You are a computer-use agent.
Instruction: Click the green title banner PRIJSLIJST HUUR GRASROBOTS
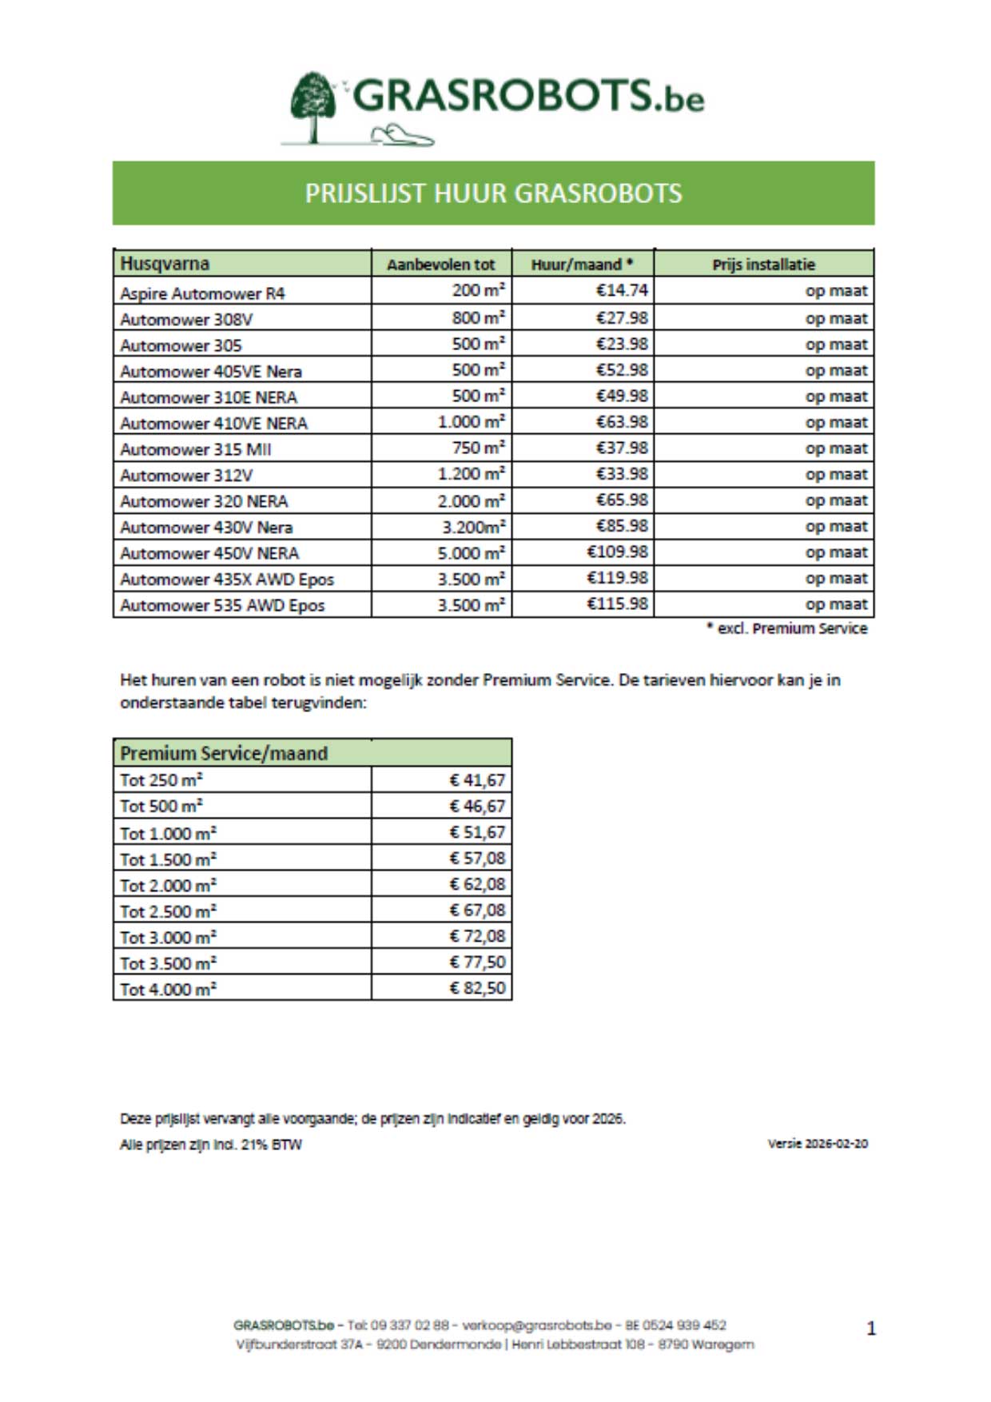pyautogui.click(x=493, y=193)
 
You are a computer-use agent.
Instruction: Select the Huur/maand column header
pyautogui.click(x=582, y=264)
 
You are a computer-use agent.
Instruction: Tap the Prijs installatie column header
pyautogui.click(x=763, y=264)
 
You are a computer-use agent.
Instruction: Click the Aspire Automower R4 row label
pyautogui.click(x=202, y=293)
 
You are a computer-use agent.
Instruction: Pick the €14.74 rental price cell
pyautogui.click(x=622, y=290)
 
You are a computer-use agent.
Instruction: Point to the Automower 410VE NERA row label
pyautogui.click(x=213, y=423)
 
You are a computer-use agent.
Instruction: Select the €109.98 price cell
pyautogui.click(x=617, y=552)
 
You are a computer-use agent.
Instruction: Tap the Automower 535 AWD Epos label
pyautogui.click(x=222, y=605)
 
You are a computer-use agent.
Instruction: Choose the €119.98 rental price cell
pyautogui.click(x=617, y=578)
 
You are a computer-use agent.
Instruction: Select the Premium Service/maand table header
pyautogui.click(x=224, y=753)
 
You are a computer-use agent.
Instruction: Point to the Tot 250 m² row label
pyautogui.click(x=161, y=779)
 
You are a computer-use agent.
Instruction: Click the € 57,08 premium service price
pyautogui.click(x=477, y=858)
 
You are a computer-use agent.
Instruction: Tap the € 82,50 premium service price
pyautogui.click(x=477, y=988)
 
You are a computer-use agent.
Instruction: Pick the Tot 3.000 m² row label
pyautogui.click(x=168, y=937)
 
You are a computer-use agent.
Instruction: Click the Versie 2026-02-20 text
pyautogui.click(x=818, y=1144)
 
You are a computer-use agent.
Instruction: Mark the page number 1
pyautogui.click(x=871, y=1328)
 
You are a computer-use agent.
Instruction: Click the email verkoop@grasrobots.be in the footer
pyautogui.click(x=536, y=1325)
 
